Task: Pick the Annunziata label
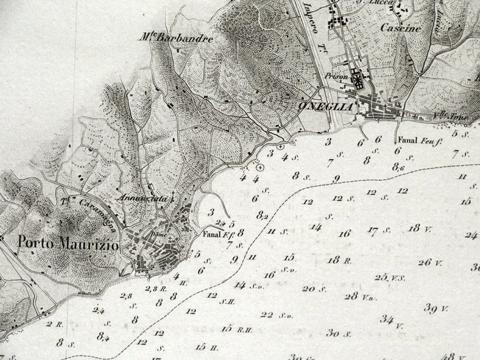[138, 197]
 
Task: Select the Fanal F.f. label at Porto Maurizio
[215, 235]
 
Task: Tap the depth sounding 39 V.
[436, 309]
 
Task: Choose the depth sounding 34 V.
[391, 319]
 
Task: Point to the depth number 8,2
[262, 214]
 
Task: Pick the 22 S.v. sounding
[276, 315]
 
